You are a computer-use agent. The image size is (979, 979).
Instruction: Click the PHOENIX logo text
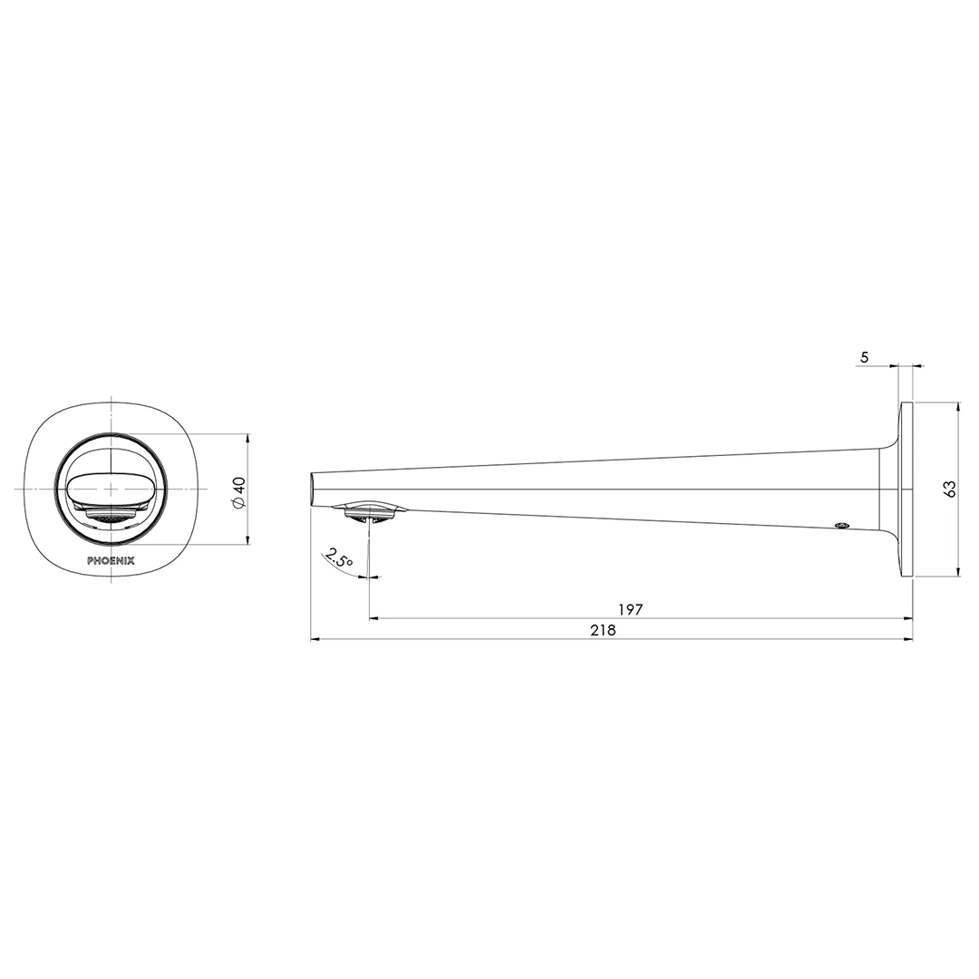(111, 560)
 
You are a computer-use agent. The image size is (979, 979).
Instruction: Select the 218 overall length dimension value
(603, 630)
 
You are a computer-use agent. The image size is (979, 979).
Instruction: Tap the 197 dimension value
(630, 610)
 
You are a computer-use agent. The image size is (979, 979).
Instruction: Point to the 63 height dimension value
(950, 489)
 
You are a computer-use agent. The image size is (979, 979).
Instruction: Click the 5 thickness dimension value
(864, 357)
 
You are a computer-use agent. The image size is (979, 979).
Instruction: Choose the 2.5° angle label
(340, 558)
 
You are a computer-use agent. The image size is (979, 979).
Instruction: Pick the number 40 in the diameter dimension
(239, 485)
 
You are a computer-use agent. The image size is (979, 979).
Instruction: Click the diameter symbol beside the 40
(239, 504)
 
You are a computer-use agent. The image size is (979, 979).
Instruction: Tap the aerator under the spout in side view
(369, 513)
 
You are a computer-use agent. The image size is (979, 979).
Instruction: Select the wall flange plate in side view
(906, 489)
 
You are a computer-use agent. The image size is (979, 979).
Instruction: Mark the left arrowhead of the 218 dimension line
(315, 639)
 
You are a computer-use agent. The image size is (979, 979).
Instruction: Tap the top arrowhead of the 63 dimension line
(957, 406)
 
